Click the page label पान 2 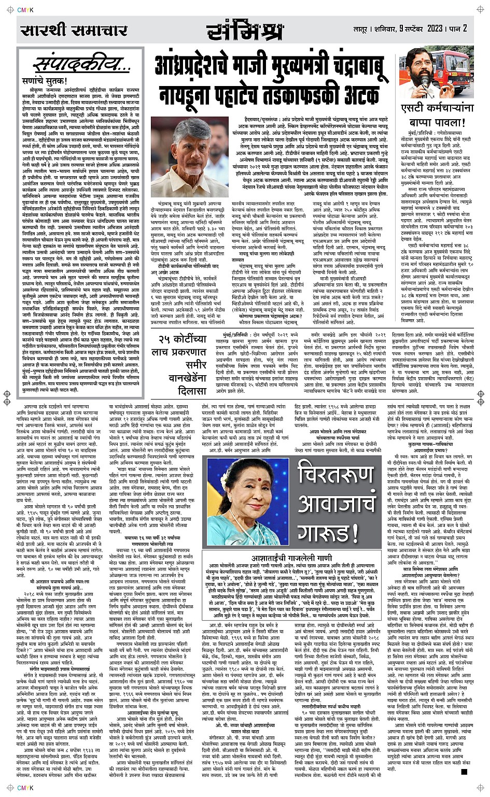tap(459, 28)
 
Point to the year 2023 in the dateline tap(431, 28)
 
